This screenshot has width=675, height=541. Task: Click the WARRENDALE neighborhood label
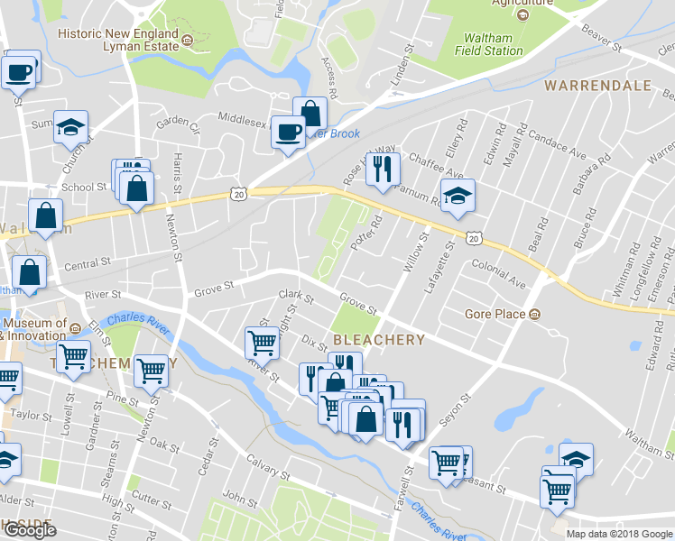[597, 86]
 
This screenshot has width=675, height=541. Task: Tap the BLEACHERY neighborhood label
[379, 340]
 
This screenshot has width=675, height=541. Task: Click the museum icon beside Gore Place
[535, 315]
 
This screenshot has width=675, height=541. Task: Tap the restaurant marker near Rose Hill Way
[383, 168]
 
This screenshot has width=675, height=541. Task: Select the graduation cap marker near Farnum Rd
[458, 195]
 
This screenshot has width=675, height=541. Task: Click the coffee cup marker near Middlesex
[289, 132]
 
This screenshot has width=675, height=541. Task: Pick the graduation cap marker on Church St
[69, 127]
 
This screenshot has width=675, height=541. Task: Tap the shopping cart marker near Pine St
[152, 369]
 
